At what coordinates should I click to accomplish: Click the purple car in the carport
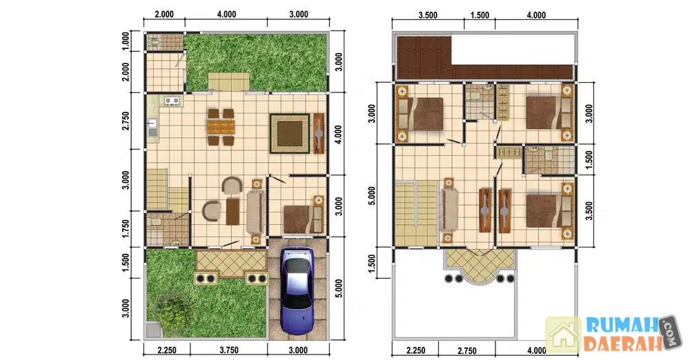click(297, 291)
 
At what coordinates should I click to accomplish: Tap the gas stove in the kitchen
click(172, 101)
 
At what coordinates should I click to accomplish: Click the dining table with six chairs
click(221, 127)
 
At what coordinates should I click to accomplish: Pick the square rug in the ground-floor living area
click(290, 133)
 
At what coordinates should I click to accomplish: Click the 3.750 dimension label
click(229, 350)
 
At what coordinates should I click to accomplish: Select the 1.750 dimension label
click(126, 230)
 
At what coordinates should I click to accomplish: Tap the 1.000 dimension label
click(126, 41)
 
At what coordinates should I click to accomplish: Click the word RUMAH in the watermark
click(621, 326)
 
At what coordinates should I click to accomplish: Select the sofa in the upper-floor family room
click(450, 209)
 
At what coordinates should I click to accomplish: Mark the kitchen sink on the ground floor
click(152, 127)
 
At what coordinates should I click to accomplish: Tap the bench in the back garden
click(228, 81)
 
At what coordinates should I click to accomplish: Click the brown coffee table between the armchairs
click(233, 212)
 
